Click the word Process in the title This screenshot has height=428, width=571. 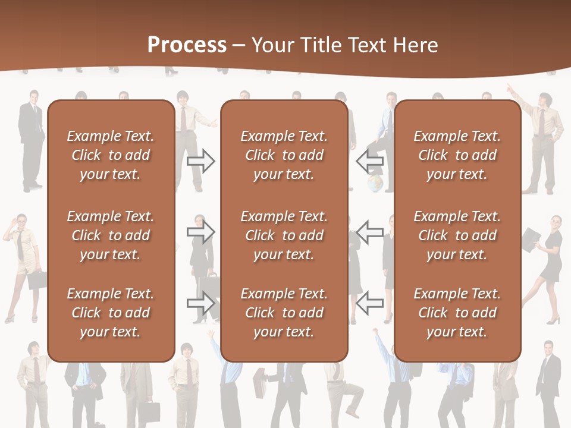coord(187,45)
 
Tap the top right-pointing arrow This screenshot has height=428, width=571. coord(201,161)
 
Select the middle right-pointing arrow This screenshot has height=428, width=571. coord(201,232)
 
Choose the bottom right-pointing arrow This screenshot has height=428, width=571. coord(201,303)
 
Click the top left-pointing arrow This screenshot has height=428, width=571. coord(369,161)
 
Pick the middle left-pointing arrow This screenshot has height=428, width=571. coord(369,232)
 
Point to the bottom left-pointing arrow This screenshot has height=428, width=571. coord(369,303)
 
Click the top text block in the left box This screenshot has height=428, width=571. coord(111,155)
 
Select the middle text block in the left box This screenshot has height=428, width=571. coord(111,235)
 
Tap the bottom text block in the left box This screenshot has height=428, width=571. coord(111,313)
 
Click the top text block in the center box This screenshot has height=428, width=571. coord(284,155)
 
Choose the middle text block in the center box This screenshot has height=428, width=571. coord(284,235)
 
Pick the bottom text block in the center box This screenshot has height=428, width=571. coord(284,313)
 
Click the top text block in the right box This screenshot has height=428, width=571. coord(457,155)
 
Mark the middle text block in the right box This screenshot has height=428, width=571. coord(457,235)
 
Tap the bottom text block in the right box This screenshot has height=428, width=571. coord(457,313)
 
